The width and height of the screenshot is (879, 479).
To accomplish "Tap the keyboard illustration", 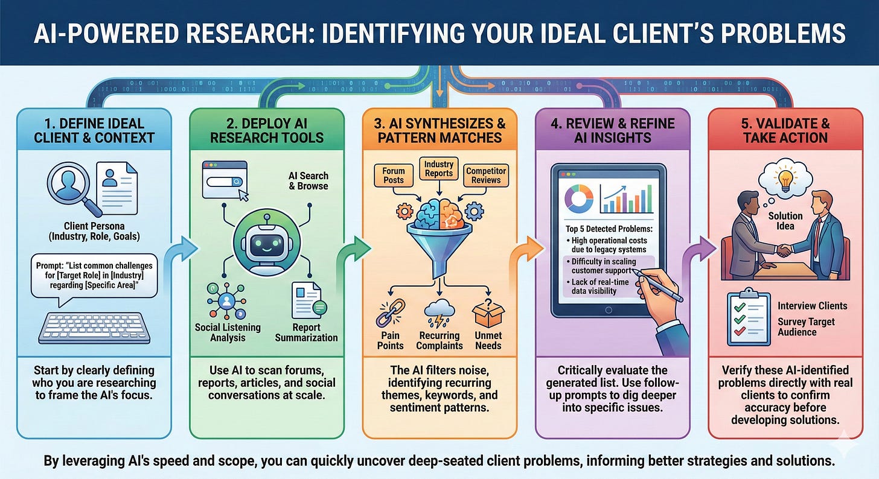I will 98,327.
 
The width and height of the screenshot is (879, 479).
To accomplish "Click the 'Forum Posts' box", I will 394,175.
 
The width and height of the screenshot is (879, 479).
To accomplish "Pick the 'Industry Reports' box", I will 439,169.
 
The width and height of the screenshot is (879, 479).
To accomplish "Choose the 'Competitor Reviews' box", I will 486,176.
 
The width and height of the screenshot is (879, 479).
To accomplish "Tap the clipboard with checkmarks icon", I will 746,320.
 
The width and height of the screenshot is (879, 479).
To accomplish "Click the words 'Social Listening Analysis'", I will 228,332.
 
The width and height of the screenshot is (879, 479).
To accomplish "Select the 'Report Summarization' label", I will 306,332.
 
